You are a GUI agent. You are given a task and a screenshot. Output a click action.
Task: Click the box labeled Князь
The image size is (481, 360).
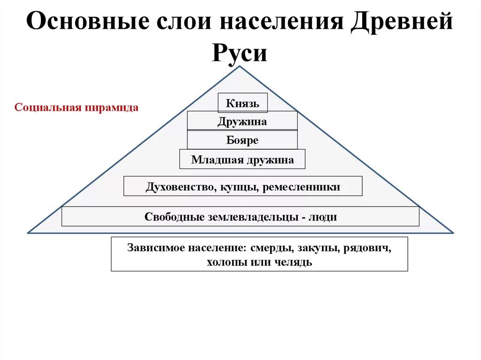(242, 103)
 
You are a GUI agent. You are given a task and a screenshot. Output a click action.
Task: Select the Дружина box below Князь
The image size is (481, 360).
(242, 122)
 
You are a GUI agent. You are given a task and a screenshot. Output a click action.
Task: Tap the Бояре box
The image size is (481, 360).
(242, 140)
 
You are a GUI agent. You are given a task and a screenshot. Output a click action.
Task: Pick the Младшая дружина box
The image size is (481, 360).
(242, 160)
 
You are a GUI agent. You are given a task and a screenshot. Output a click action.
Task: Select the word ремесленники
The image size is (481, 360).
(302, 187)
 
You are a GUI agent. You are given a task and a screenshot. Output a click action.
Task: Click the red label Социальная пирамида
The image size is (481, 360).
(77, 107)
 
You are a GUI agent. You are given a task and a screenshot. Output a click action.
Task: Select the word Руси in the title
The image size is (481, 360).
(240, 53)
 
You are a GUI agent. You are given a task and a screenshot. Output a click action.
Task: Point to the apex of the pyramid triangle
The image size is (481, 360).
(240, 67)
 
